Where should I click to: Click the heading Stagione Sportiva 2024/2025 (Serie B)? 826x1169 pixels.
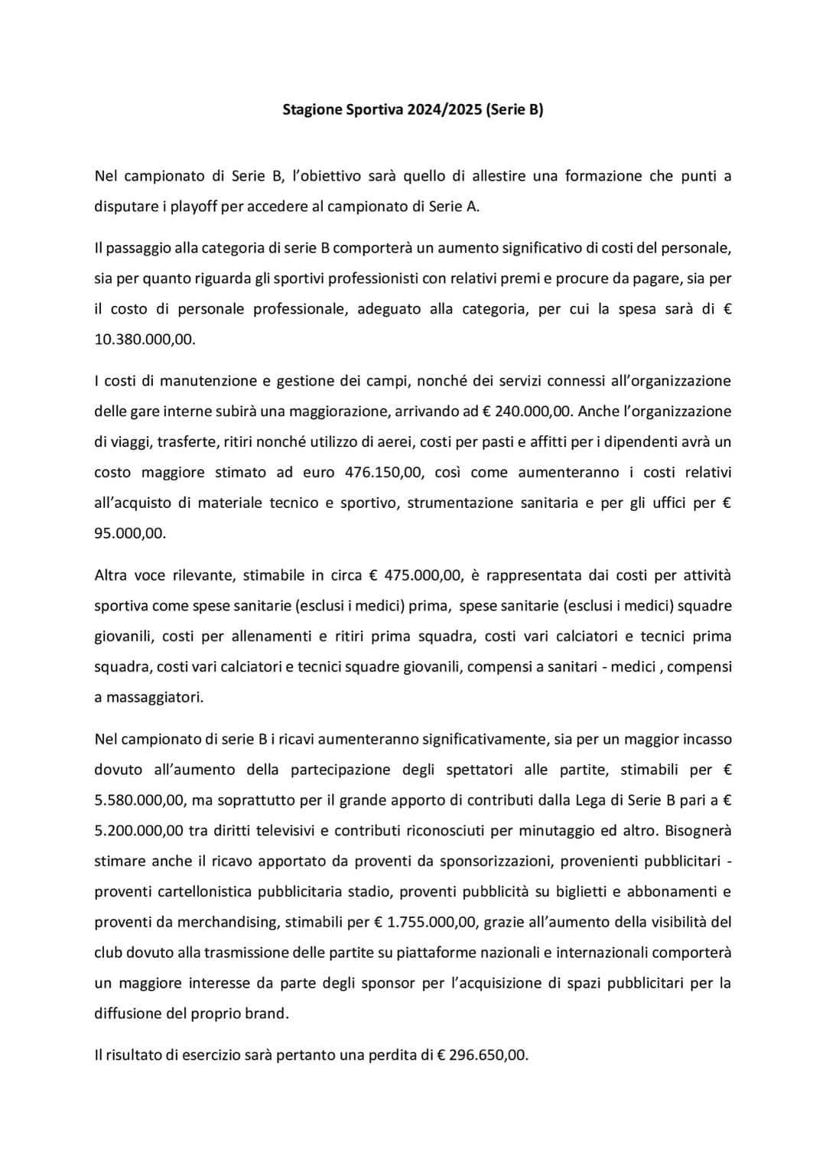(x=412, y=109)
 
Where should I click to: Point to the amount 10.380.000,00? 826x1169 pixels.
(x=145, y=340)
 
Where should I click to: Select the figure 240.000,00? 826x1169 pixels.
(x=534, y=412)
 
